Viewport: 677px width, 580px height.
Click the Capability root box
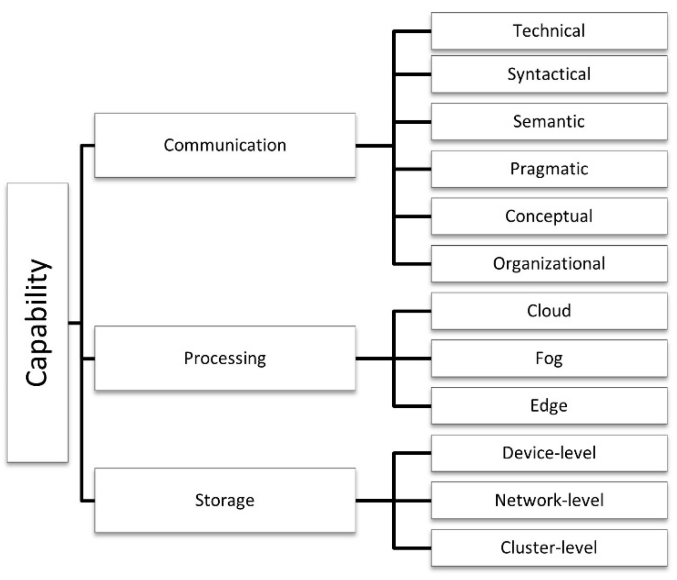click(38, 322)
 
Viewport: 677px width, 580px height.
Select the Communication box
click(225, 145)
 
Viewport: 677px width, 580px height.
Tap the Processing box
click(225, 358)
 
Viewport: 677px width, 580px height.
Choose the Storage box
click(225, 500)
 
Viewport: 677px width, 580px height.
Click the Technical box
click(549, 31)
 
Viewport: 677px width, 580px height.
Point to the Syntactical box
click(549, 74)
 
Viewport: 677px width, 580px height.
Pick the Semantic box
click(549, 121)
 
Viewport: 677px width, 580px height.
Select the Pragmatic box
click(549, 169)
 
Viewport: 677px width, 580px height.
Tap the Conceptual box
click(549, 216)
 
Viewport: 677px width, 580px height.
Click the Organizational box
click(549, 263)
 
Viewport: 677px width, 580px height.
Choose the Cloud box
click(549, 311)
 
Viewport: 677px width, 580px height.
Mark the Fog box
click(549, 358)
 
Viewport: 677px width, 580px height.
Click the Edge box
click(549, 405)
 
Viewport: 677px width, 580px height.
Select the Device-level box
click(549, 453)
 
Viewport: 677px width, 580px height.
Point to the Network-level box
click(549, 500)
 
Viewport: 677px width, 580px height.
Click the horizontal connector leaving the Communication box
click(374, 146)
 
